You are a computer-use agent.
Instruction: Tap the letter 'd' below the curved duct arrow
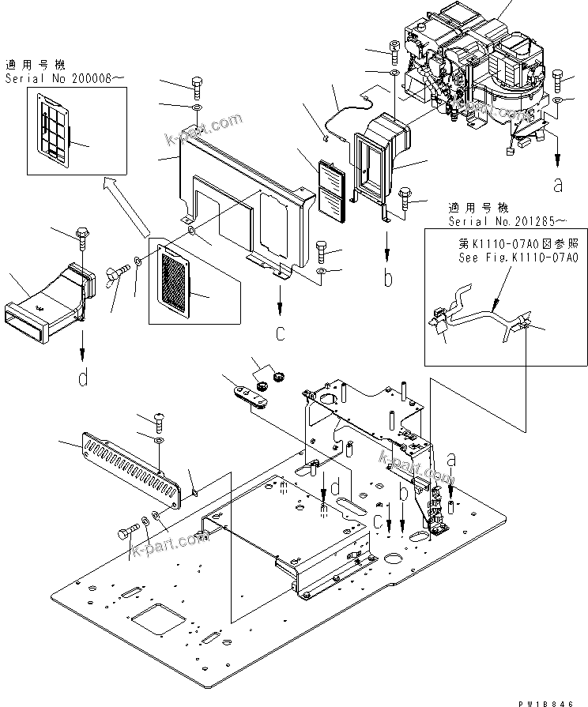tap(83, 378)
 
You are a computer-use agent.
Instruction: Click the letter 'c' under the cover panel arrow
tap(281, 333)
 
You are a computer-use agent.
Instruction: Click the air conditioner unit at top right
tap(474, 71)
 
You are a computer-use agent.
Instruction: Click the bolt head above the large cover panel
tap(197, 85)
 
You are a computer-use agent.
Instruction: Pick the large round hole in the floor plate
tap(394, 562)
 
